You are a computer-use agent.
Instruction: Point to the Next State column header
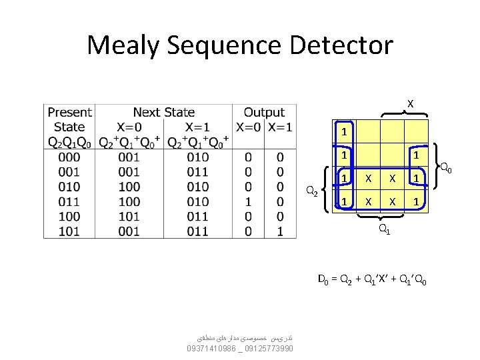pyautogui.click(x=164, y=113)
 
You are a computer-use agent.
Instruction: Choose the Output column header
pyautogui.click(x=264, y=113)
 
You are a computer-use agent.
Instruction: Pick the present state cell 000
pyautogui.click(x=69, y=157)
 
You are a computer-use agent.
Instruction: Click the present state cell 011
pyautogui.click(x=69, y=201)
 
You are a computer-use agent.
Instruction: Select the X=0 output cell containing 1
pyautogui.click(x=248, y=201)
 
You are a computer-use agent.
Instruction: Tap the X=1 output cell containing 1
pyautogui.click(x=280, y=231)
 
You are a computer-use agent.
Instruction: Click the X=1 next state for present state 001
pyautogui.click(x=197, y=172)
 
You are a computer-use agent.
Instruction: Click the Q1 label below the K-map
pyautogui.click(x=384, y=230)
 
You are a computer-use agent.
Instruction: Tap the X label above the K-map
pyautogui.click(x=410, y=103)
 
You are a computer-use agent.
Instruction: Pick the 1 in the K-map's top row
pyautogui.click(x=344, y=131)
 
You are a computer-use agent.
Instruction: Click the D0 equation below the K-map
pyautogui.click(x=373, y=278)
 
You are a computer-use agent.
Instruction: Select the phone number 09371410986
pyautogui.click(x=211, y=348)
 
